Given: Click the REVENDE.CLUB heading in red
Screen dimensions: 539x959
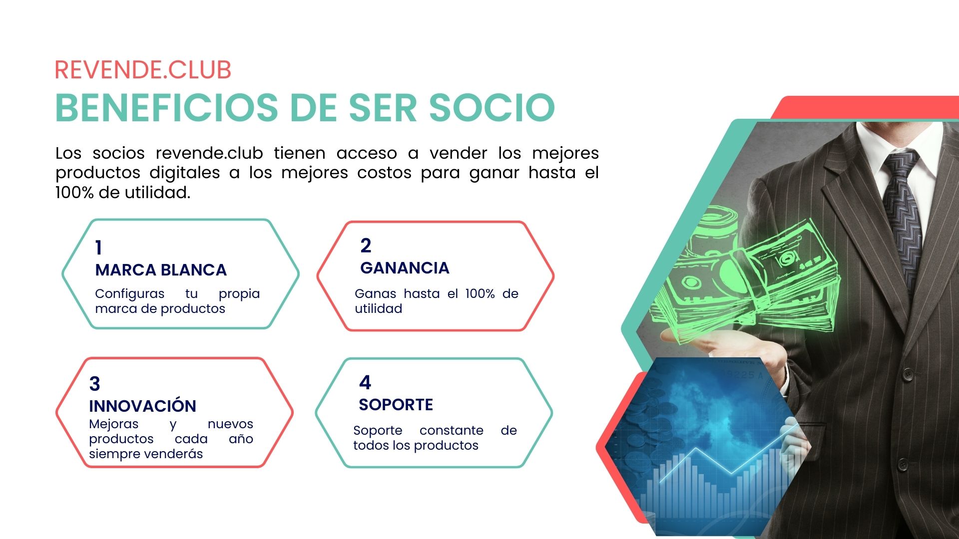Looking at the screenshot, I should [143, 70].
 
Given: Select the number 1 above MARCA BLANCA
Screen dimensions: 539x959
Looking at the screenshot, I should [98, 248].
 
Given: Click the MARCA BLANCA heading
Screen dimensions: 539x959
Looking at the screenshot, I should [161, 270].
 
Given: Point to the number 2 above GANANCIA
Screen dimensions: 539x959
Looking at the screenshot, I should [366, 246].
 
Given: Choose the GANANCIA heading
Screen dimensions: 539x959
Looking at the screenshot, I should [405, 268].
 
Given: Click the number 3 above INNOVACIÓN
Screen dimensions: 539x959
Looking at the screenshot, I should [94, 384].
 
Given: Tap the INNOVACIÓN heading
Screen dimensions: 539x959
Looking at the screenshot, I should [142, 406].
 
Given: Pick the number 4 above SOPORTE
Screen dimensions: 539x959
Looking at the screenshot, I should [365, 382].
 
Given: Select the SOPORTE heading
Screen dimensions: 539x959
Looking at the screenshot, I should [396, 404].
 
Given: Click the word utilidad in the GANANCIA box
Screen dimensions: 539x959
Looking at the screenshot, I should [378, 309].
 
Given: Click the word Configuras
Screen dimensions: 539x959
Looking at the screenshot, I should [129, 294].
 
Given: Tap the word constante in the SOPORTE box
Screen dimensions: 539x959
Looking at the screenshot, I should [451, 431].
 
